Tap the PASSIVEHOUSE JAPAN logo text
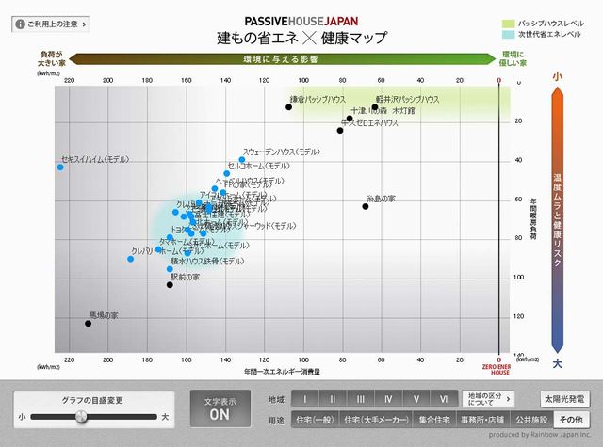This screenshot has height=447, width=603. [x=301, y=21]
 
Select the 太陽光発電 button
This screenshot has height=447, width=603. [x=562, y=398]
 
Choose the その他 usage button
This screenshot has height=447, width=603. [x=569, y=419]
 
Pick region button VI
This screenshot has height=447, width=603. [x=443, y=398]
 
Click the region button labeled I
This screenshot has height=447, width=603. [x=304, y=398]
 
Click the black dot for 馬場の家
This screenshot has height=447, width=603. [x=89, y=324]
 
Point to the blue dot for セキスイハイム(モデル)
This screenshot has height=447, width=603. [x=60, y=167]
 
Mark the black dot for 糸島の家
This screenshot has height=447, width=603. [x=366, y=206]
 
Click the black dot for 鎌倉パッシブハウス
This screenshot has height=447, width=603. [x=289, y=107]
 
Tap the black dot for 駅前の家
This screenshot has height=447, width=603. [x=170, y=284]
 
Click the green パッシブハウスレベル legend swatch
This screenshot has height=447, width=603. [x=507, y=21]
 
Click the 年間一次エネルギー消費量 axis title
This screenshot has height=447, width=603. [x=282, y=373]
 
